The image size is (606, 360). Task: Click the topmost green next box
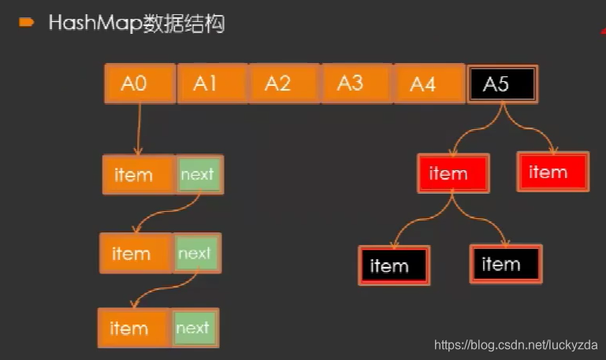click(198, 174)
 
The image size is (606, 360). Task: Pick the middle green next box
click(195, 253)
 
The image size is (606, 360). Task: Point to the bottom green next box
click(194, 328)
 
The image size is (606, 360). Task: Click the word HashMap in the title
click(95, 24)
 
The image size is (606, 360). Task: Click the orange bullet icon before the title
click(26, 23)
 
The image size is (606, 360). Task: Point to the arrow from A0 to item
click(139, 129)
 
